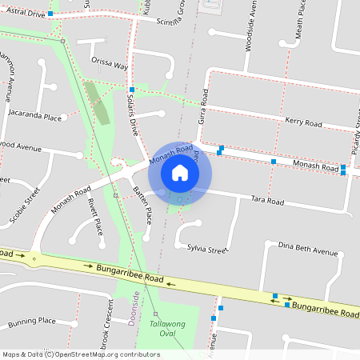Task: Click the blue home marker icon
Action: [180, 172]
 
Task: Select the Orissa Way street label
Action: [110, 65]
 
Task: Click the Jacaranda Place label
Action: [34, 117]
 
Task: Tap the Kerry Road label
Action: [302, 122]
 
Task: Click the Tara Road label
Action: [267, 200]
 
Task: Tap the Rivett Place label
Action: [95, 217]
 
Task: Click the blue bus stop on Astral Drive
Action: [50, 14]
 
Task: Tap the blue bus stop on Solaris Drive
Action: [130, 90]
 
